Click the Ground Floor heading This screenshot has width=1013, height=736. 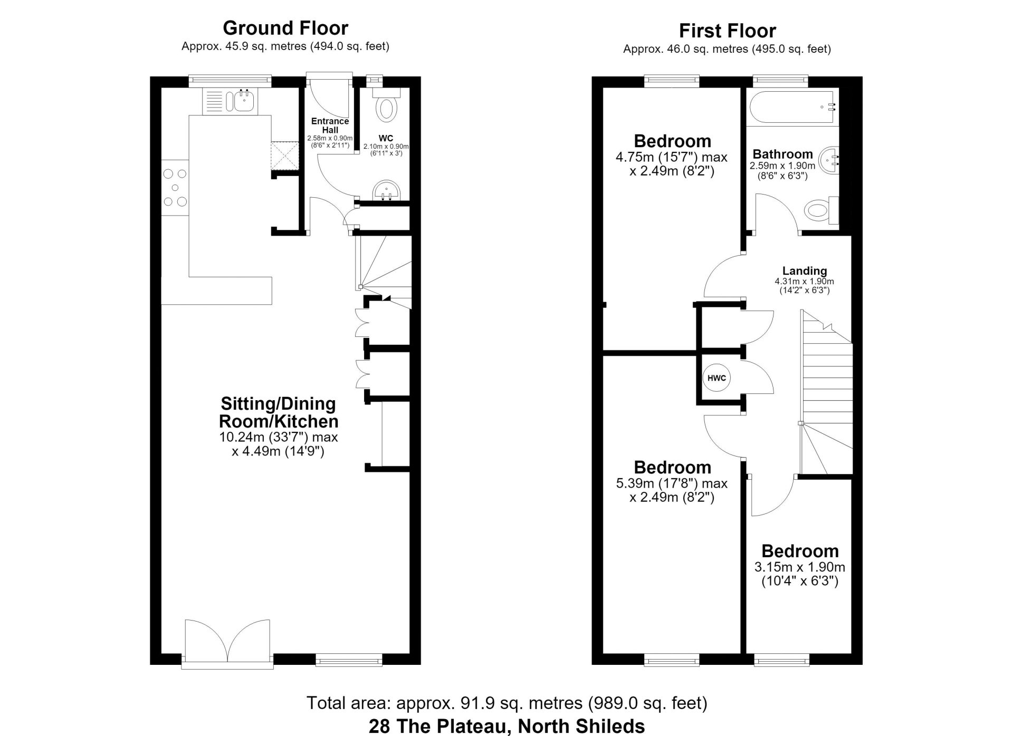coord(285,27)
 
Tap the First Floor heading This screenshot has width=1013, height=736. coord(727,31)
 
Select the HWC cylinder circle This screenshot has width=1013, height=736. coord(716,378)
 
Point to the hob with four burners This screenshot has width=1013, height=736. coord(175,187)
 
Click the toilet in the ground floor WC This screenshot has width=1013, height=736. coord(387,105)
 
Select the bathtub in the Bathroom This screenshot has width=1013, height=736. coord(792,108)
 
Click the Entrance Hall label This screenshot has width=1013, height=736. coord(330,125)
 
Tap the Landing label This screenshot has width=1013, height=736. coord(805,271)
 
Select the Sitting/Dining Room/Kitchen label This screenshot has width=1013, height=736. coord(279,412)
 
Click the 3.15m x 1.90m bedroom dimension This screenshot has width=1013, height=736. coord(800,567)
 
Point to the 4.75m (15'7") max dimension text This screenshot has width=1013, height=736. coord(672,157)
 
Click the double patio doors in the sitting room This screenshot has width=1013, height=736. coord(228,642)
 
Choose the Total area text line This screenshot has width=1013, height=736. coord(506,703)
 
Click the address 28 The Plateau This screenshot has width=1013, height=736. coord(506,727)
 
